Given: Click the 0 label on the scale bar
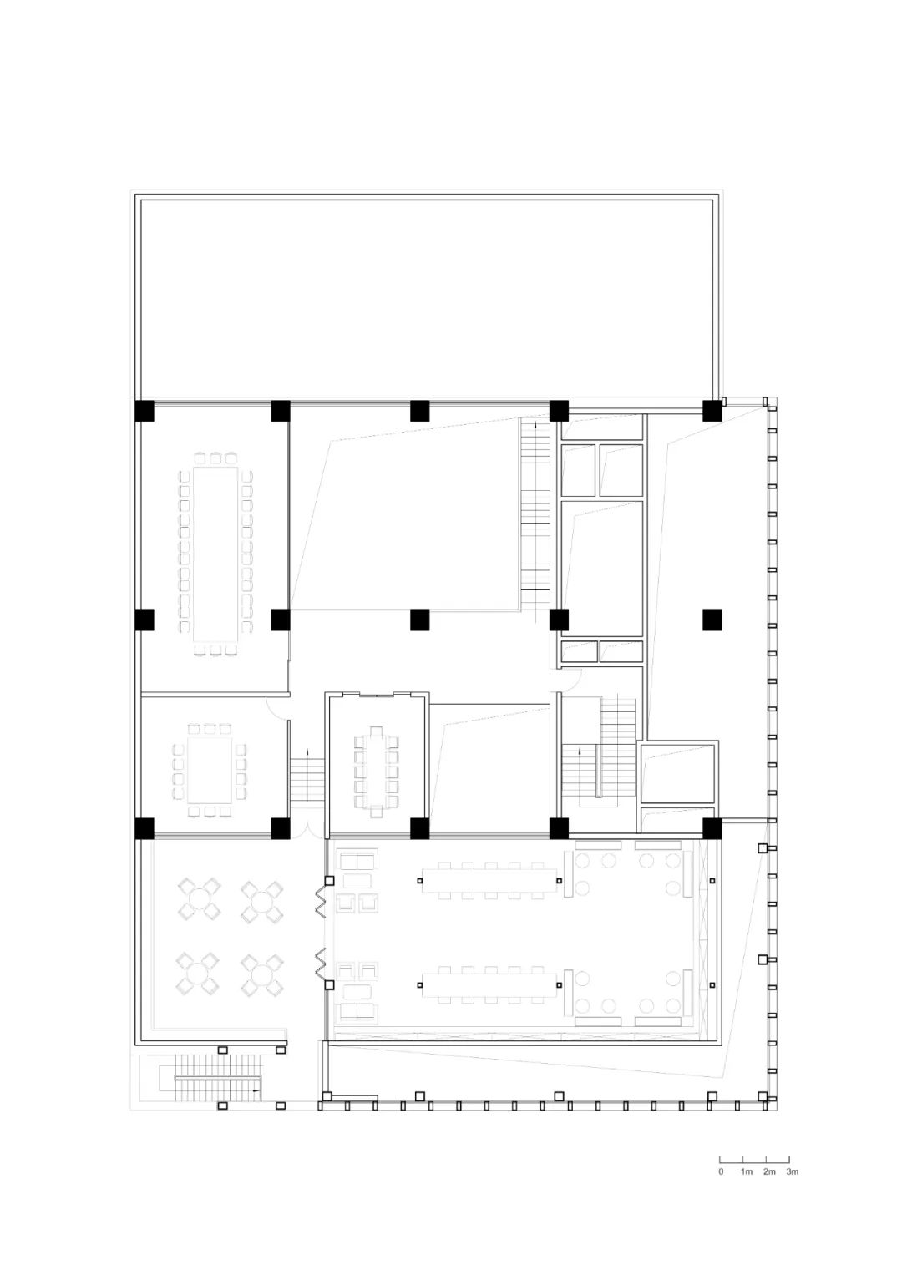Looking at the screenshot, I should pos(721,1171).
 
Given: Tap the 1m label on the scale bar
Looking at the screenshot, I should pos(747,1171).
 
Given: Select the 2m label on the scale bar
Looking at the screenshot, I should pos(769,1171).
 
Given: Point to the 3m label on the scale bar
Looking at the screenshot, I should pos(792,1171).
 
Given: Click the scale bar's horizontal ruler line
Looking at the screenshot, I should pos(754,1161).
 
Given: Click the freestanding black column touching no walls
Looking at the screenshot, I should pos(712,620).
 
